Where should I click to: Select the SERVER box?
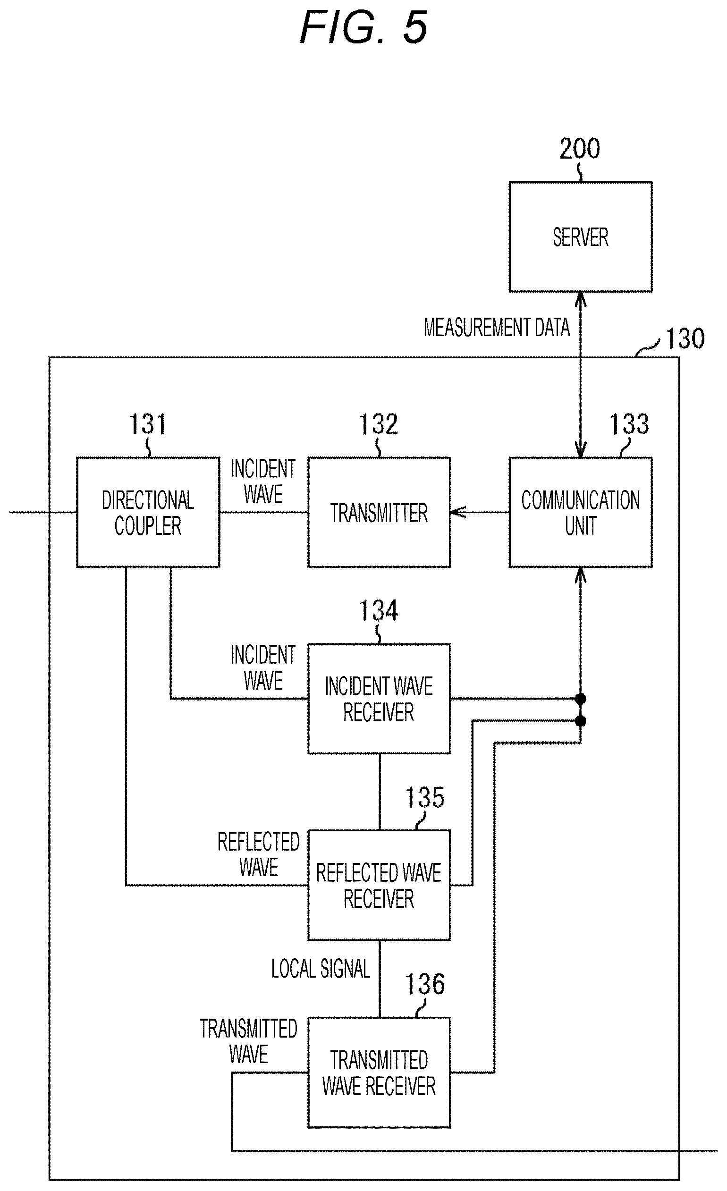pos(581,237)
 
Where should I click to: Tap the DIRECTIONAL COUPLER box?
pos(148,512)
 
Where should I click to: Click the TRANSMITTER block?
pos(379,512)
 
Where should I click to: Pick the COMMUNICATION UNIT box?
pos(581,512)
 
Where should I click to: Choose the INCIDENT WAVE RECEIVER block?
pos(379,699)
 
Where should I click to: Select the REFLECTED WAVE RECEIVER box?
pos(379,885)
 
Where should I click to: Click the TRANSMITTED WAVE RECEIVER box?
pos(379,1073)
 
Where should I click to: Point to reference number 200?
pos(580,148)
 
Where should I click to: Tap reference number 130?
pos(685,338)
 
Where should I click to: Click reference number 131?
pos(147,424)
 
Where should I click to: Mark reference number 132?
pos(379,424)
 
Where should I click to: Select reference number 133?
pos(629,424)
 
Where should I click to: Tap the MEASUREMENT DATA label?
pos(497,327)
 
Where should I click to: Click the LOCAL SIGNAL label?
pos(321,969)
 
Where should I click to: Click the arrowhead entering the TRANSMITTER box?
pos(458,512)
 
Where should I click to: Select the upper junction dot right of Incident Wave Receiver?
pos(581,699)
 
